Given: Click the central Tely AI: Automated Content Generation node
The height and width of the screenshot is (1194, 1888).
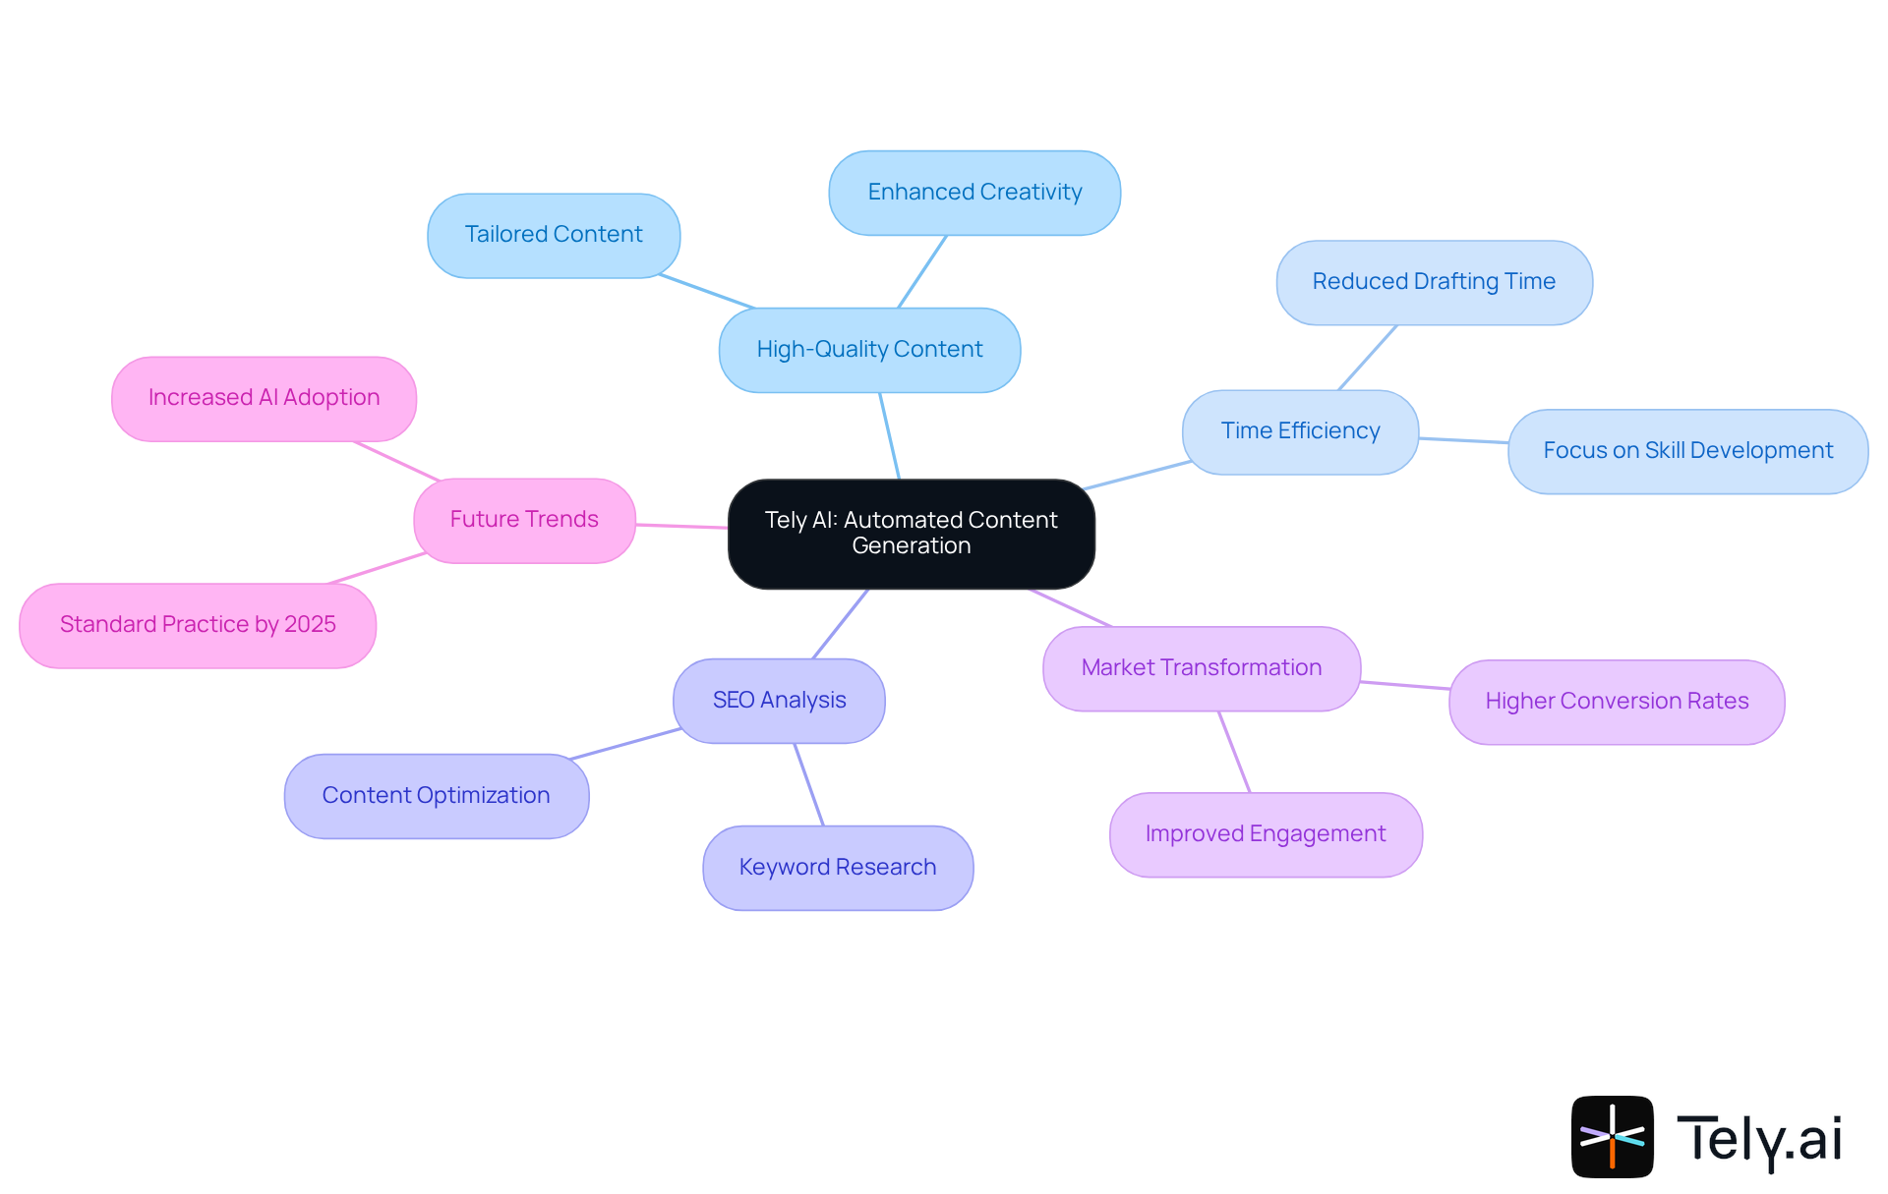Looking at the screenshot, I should pos(911,534).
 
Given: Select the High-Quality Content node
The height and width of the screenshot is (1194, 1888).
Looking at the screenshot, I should pos(869,350).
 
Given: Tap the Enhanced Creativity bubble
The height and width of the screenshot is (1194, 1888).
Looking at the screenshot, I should pos(974,193).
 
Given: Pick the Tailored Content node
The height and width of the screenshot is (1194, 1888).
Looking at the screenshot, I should pos(554,235).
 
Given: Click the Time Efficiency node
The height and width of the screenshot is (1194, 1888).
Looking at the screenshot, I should pos(1300,431).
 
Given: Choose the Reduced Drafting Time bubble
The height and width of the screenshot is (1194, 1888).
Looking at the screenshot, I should pos(1434,282).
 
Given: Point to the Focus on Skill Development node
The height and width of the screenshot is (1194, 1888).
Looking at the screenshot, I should pos(1687,451).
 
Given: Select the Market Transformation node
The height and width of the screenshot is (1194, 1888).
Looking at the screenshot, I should pos(1201,668).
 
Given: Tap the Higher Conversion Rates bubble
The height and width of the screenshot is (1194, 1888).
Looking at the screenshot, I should pos(1617,702).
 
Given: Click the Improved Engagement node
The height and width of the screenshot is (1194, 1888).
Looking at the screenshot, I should pos(1266,834).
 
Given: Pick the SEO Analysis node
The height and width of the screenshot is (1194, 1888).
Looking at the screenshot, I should pos(779,701).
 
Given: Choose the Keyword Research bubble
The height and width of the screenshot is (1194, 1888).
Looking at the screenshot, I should pos(838,868).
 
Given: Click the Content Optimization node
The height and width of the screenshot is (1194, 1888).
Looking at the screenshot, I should pos(437,796).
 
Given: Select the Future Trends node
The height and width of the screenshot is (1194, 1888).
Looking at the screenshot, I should pos(524,520).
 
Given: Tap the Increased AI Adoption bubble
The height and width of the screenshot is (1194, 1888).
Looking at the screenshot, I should pos(264,398).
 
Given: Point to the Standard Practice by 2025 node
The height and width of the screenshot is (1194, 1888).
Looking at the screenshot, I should pos(198,625).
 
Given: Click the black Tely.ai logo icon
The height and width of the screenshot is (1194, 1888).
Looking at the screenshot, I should pos(1612,1136).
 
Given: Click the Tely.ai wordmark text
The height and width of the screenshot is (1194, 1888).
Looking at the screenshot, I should pos(1758,1139).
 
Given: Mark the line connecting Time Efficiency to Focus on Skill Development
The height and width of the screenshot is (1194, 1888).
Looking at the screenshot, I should pos(1463,440).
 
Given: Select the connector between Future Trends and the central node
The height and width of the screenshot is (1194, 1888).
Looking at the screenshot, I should pos(681,527).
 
